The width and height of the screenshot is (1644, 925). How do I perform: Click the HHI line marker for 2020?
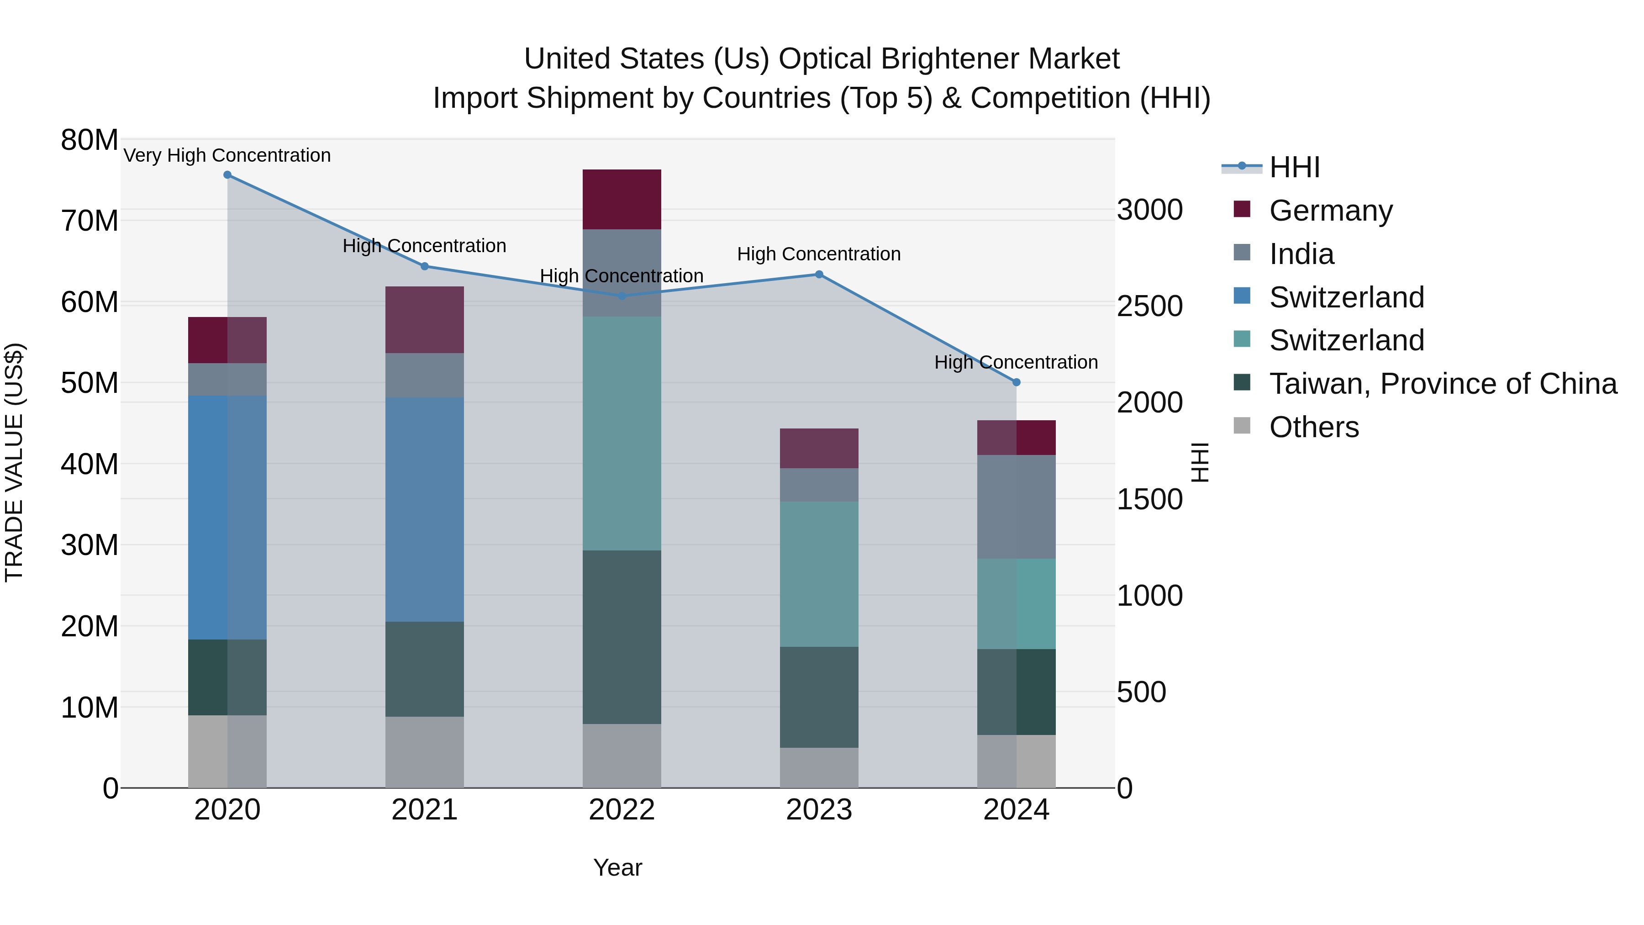coord(227,175)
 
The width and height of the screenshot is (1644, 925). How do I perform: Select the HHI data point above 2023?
coord(819,275)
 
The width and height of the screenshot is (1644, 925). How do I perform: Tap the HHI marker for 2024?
coord(1016,382)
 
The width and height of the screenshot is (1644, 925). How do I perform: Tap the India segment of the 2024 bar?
coord(1016,507)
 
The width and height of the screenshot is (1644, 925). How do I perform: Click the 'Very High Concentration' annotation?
coord(227,155)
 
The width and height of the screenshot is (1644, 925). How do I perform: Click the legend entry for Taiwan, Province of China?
coord(1442,384)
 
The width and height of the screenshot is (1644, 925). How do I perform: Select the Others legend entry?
coord(1313,427)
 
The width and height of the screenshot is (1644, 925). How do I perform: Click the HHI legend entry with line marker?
coord(1294,167)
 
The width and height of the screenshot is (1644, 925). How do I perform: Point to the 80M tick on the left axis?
coord(90,140)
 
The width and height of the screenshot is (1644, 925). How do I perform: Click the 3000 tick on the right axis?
coord(1149,210)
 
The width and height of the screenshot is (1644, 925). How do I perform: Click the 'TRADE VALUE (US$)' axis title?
coord(14,462)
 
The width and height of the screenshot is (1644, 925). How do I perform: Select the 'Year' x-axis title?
coord(617,867)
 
